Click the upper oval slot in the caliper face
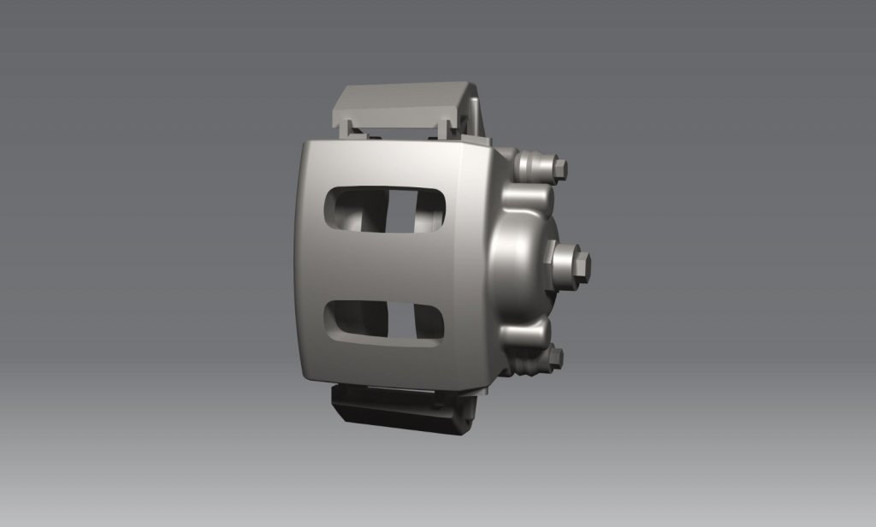pos(385,208)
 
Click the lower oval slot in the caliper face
pos(385,323)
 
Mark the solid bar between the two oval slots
pos(385,265)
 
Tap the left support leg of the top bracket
pos(350,129)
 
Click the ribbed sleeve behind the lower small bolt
pos(535,362)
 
